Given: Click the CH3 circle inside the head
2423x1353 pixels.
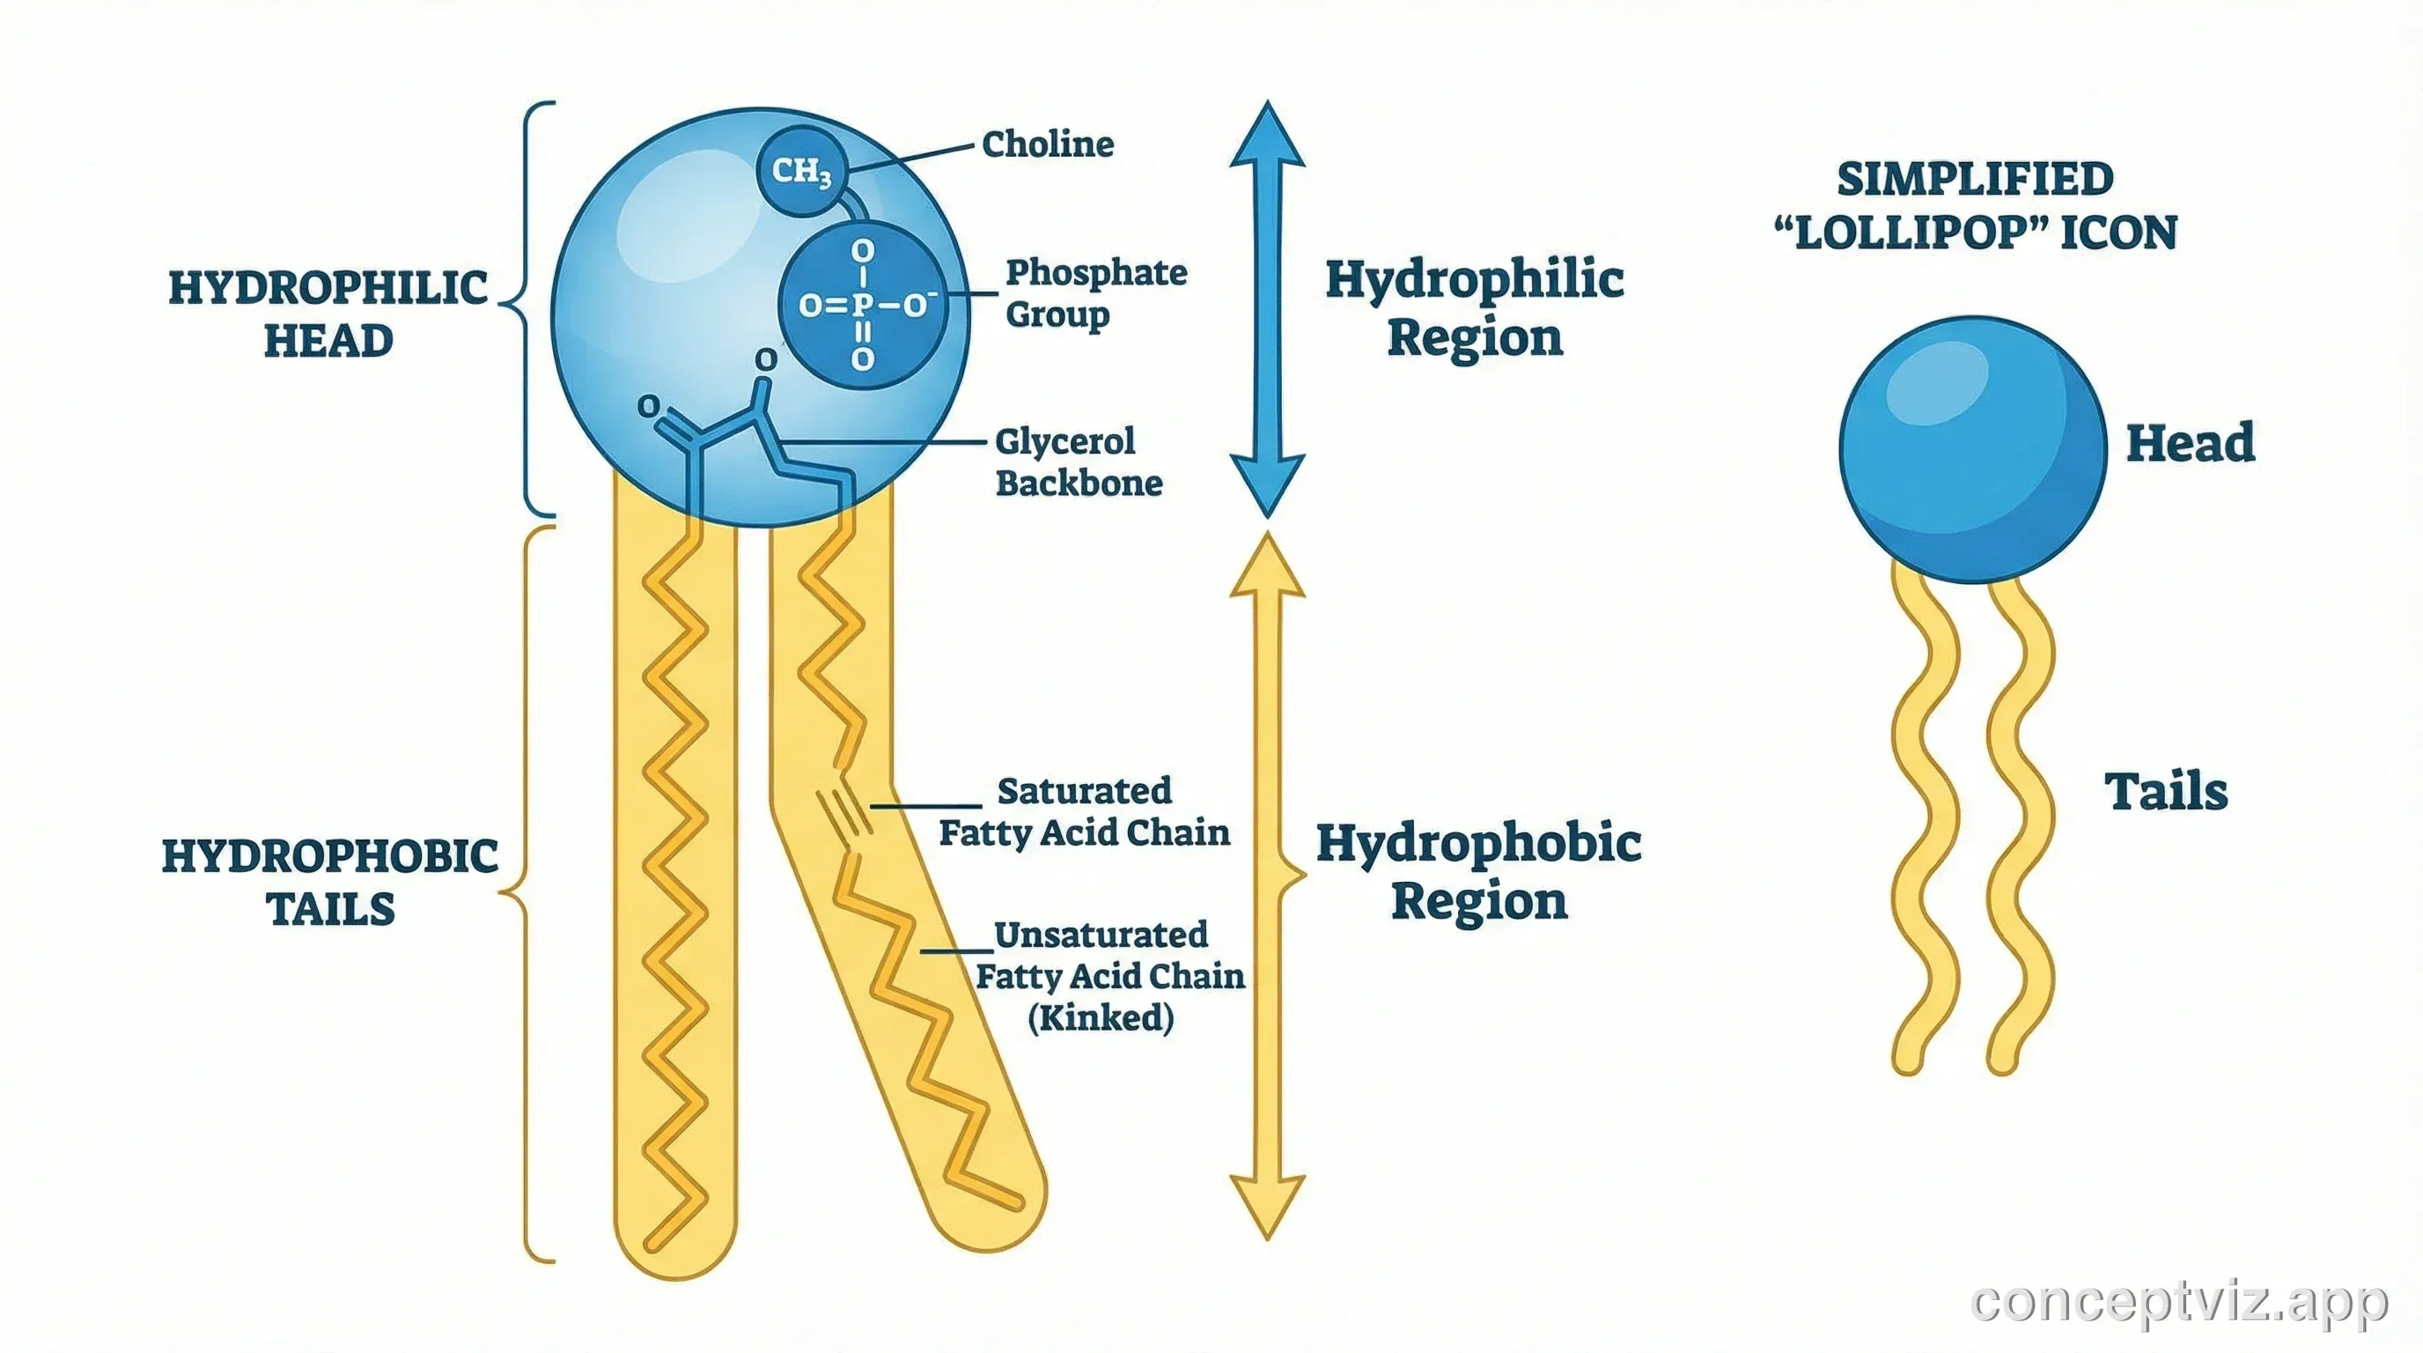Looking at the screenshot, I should (800, 172).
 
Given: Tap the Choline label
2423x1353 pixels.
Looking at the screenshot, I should (1047, 144).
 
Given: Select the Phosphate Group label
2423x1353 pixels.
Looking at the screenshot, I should (1096, 292).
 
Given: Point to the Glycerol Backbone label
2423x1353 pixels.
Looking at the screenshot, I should (1078, 462).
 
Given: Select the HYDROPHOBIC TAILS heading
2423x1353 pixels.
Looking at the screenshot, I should (330, 882).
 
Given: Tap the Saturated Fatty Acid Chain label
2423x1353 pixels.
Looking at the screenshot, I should (1084, 811).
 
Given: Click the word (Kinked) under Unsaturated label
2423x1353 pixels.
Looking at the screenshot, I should (1101, 1017).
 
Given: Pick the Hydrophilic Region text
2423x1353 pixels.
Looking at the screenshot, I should (1474, 307).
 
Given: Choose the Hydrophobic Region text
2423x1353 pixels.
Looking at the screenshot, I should (1477, 871).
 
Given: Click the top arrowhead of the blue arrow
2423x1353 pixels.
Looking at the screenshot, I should (1267, 137).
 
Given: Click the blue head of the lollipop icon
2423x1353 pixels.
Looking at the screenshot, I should (1972, 450).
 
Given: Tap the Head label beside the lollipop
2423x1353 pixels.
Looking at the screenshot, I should (2190, 442).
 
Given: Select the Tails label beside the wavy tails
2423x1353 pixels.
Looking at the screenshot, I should (2165, 791).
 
